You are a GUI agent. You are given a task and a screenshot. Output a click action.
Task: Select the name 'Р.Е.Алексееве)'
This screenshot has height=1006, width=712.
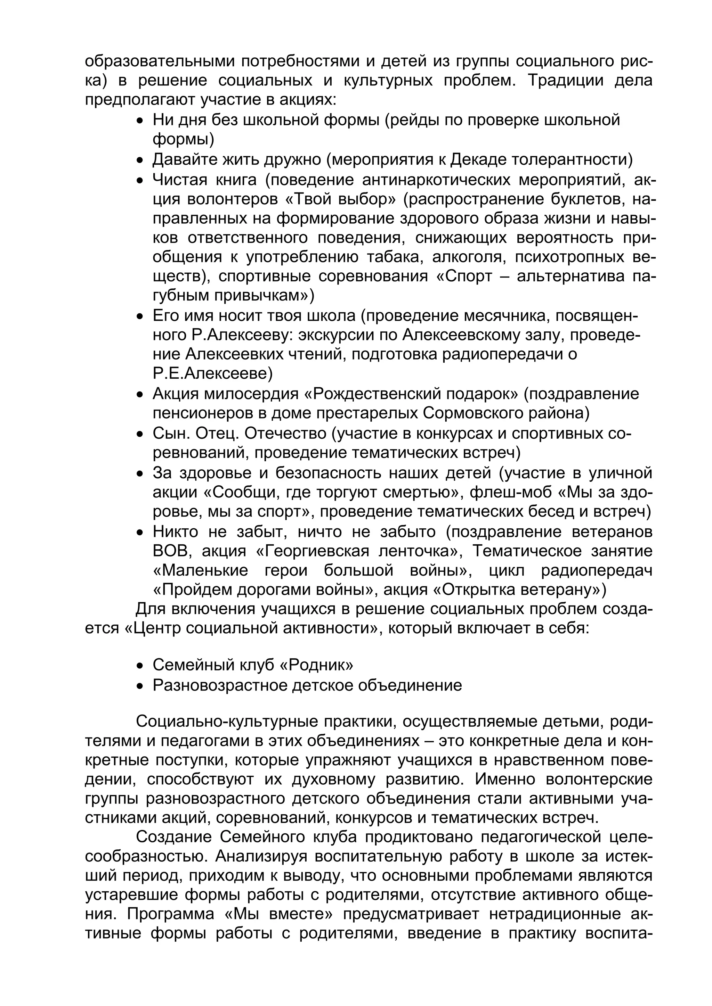tap(213, 374)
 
